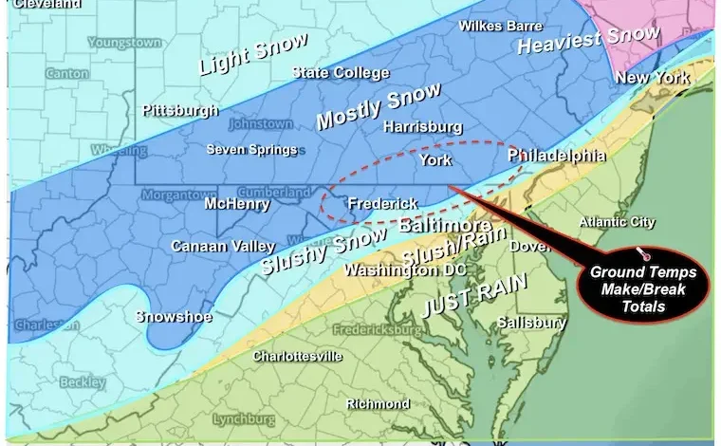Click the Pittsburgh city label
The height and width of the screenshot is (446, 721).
click(x=180, y=111)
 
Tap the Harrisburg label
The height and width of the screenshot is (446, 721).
click(x=422, y=127)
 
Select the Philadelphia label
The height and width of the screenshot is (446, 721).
click(x=556, y=155)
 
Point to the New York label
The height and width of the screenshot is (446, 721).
click(x=653, y=77)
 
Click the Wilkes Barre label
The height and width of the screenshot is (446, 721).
click(x=501, y=26)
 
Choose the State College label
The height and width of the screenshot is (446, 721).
click(x=341, y=73)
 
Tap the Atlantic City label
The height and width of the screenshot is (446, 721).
click(x=617, y=222)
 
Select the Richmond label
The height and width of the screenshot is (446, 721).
click(x=378, y=404)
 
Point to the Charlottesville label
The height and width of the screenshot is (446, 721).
click(x=297, y=357)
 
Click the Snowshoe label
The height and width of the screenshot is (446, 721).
click(x=174, y=316)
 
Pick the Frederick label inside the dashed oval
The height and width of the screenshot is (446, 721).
click(x=382, y=204)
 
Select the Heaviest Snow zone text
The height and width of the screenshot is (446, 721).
click(x=588, y=40)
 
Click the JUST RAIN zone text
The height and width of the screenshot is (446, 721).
click(x=461, y=294)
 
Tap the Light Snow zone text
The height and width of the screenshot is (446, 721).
click(x=252, y=55)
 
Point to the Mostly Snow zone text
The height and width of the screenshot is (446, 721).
click(x=378, y=106)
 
